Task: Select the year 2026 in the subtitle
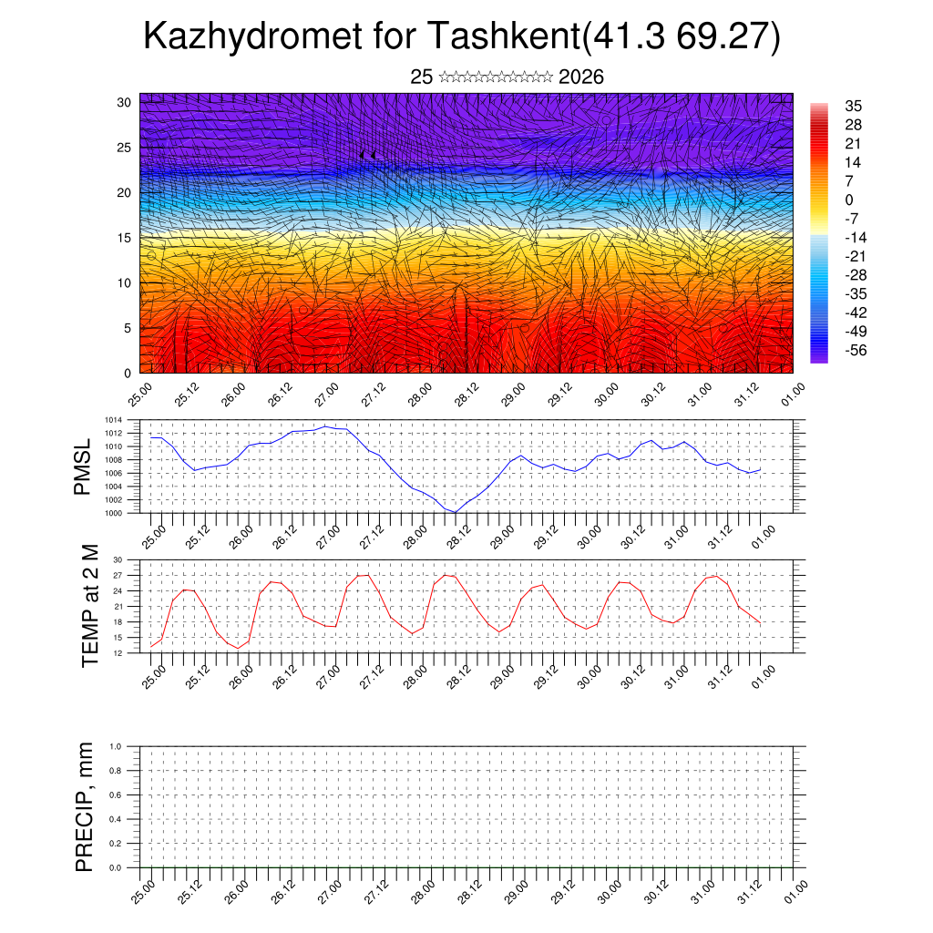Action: pos(581,77)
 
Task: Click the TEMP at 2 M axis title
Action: pos(89,605)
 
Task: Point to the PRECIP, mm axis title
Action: pos(85,806)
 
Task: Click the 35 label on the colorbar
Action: pos(854,106)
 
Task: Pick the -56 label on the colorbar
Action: pos(856,351)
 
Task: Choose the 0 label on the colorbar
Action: pos(849,200)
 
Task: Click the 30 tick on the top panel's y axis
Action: pos(124,102)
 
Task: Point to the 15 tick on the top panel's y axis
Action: pos(124,238)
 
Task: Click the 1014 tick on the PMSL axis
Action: pos(114,420)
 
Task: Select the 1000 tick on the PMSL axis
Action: pos(114,514)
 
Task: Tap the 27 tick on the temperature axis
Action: pos(118,575)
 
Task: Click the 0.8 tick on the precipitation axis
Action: pos(116,770)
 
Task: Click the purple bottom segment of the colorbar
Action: pos(818,358)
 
